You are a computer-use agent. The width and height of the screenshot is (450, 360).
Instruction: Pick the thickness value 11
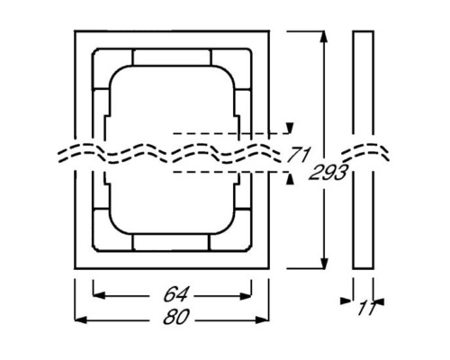pyautogui.click(x=365, y=310)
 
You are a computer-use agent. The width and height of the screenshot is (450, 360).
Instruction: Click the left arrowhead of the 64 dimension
pyautogui.click(x=97, y=294)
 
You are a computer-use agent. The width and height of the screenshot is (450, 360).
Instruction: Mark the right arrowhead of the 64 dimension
pyautogui.click(x=250, y=294)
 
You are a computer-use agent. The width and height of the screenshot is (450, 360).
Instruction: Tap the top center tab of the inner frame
pyautogui.click(x=173, y=58)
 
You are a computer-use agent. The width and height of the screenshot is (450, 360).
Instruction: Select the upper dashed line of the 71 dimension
pyautogui.click(x=225, y=135)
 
